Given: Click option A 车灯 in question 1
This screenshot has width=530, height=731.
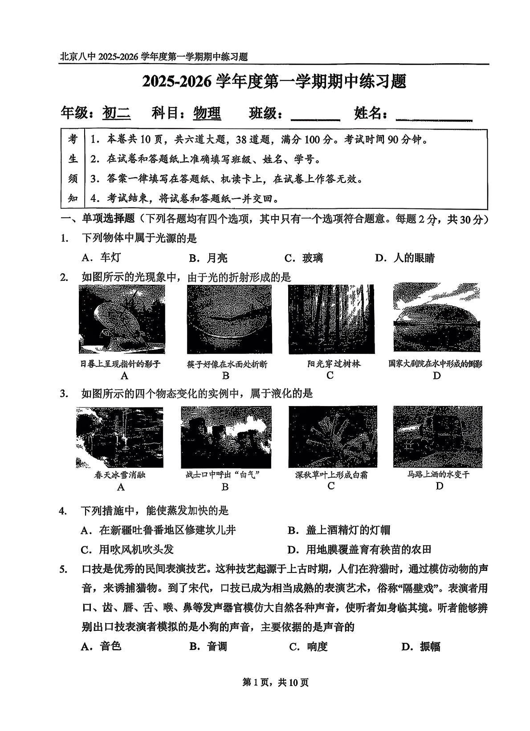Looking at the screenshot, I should (101, 258).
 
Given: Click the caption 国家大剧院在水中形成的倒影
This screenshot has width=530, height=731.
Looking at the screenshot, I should (435, 364).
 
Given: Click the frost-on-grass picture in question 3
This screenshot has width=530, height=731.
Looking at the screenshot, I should (332, 437).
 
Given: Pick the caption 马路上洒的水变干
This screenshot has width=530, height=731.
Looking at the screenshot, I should (438, 475).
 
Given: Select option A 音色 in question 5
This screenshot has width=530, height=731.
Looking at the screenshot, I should (101, 646).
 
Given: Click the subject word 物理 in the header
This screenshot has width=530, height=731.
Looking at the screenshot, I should (207, 114).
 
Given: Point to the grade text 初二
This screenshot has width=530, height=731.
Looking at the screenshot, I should (117, 114).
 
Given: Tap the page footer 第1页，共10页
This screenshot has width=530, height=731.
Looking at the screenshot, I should (275, 682).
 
